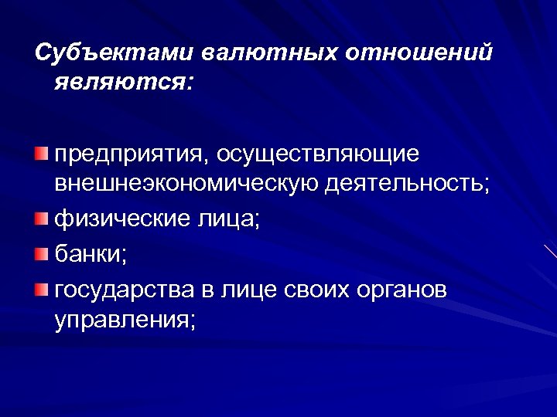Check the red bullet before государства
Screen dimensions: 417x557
click(41, 288)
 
